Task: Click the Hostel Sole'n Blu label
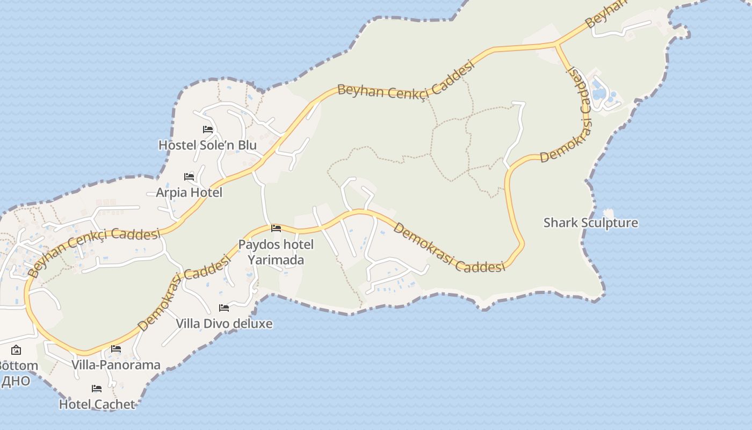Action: click(x=207, y=145)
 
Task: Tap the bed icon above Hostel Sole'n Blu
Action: click(x=208, y=130)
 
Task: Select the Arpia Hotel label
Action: click(x=189, y=192)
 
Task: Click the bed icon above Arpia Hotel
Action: click(x=189, y=176)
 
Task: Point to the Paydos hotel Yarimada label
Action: click(x=276, y=252)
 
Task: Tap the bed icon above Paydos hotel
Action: click(x=276, y=228)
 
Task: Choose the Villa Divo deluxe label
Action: click(x=224, y=324)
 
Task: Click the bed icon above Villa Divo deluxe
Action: click(x=224, y=308)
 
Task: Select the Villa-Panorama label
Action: click(x=116, y=365)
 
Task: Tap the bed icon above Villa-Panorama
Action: click(x=116, y=349)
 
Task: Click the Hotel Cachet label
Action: click(x=97, y=404)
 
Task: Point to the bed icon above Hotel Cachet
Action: click(x=97, y=389)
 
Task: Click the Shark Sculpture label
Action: click(x=591, y=223)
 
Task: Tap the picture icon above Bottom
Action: click(x=16, y=350)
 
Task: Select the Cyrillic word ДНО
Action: click(x=15, y=381)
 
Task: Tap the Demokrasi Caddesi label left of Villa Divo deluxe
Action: click(x=184, y=293)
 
